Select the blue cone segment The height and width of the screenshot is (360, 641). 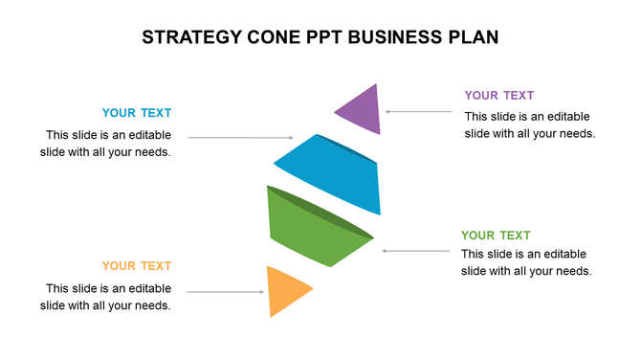(330, 172)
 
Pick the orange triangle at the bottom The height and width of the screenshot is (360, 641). (285, 291)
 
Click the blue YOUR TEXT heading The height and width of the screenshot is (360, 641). (137, 113)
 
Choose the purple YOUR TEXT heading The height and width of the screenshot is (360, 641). (499, 95)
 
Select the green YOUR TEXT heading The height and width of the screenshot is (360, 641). (496, 236)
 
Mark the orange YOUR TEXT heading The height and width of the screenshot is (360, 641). (137, 266)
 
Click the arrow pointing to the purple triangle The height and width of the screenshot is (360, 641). (419, 112)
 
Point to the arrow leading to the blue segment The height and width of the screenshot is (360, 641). (233, 138)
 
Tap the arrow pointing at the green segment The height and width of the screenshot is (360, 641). (416, 251)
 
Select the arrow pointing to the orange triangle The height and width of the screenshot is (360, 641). (226, 291)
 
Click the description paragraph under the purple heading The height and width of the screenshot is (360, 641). (530, 124)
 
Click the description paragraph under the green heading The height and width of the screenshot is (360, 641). (526, 262)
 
